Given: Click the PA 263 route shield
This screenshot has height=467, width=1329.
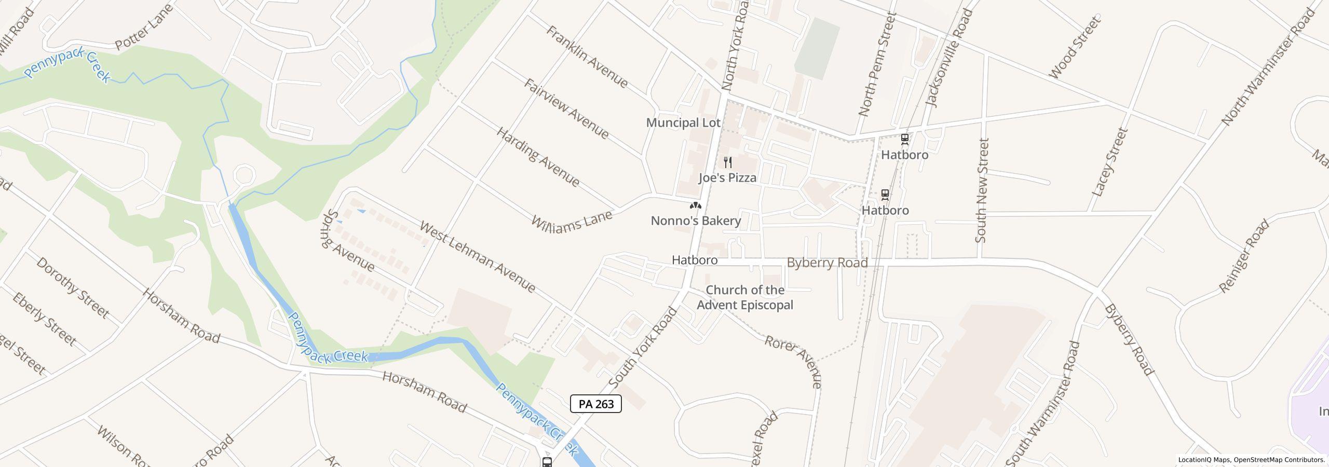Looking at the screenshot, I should pyautogui.click(x=595, y=404).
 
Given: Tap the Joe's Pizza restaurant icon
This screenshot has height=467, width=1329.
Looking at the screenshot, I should pyautogui.click(x=728, y=162).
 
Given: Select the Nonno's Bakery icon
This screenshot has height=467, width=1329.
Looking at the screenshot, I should pyautogui.click(x=695, y=206).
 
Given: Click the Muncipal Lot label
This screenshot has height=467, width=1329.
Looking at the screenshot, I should pyautogui.click(x=683, y=122).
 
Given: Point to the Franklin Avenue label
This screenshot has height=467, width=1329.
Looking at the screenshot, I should pyautogui.click(x=587, y=57).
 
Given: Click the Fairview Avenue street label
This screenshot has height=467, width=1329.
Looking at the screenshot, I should pyautogui.click(x=566, y=109).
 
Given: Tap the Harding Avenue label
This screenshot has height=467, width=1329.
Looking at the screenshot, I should pyautogui.click(x=538, y=157).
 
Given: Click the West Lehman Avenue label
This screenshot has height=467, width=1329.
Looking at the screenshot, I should pyautogui.click(x=477, y=256).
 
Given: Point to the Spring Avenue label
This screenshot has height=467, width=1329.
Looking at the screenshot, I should pyautogui.click(x=348, y=241).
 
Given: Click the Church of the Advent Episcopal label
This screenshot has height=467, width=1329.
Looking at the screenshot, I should pyautogui.click(x=744, y=297).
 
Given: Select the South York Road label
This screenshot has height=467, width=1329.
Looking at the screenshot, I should pyautogui.click(x=643, y=347).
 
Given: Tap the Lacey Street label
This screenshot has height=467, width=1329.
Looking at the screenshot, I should pyautogui.click(x=1110, y=162).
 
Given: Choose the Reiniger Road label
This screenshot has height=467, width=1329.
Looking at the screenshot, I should pyautogui.click(x=1243, y=256).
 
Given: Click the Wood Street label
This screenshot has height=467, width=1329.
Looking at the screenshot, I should pyautogui.click(x=1074, y=48).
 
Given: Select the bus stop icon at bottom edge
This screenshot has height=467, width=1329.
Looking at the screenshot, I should pyautogui.click(x=547, y=461).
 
